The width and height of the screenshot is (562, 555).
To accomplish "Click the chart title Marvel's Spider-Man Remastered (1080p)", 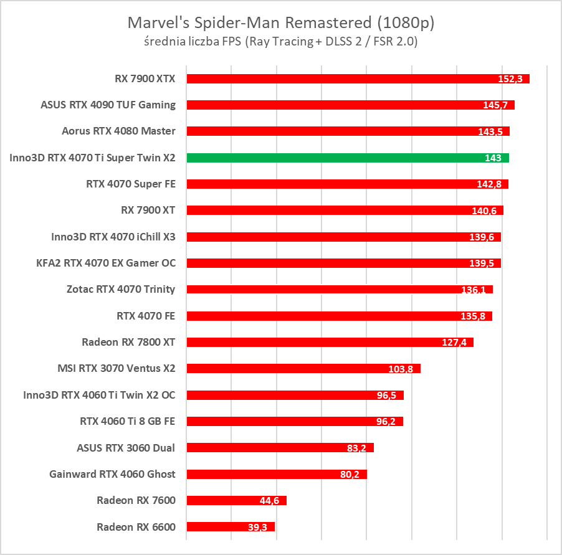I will [x=281, y=23].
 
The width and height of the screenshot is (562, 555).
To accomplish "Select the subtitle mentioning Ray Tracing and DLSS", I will [x=281, y=42].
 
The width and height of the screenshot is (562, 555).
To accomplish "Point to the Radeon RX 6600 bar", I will [x=231, y=527].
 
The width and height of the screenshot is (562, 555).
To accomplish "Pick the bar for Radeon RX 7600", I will [x=236, y=500].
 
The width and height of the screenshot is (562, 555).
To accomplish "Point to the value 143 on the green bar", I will [x=493, y=158].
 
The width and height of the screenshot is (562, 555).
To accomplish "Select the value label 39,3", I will [x=257, y=528].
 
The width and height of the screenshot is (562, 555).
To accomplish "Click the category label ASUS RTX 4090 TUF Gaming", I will [x=108, y=105].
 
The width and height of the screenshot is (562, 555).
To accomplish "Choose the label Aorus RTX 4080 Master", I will [x=118, y=131].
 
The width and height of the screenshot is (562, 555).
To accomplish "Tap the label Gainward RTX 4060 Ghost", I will [x=112, y=474].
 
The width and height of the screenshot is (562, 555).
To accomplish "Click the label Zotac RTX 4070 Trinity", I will [x=121, y=289].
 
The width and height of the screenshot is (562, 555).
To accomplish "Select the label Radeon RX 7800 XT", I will [x=128, y=342].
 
